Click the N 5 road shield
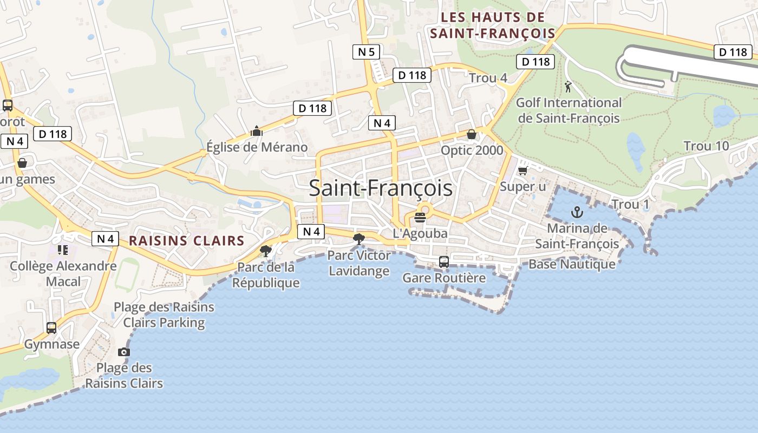click(367, 52)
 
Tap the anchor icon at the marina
click(576, 212)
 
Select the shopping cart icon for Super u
click(522, 171)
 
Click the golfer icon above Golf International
click(568, 87)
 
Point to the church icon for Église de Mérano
click(256, 131)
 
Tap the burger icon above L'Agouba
click(420, 218)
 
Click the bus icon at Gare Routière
click(443, 262)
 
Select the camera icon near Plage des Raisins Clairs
click(124, 352)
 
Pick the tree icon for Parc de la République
click(265, 251)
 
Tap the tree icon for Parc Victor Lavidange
click(358, 239)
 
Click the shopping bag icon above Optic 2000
click(472, 134)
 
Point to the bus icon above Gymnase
click(51, 327)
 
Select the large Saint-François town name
click(381, 188)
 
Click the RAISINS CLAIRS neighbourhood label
click(187, 241)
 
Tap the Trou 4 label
click(488, 78)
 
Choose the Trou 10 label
click(706, 146)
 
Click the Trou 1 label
click(630, 205)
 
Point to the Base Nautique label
click(572, 264)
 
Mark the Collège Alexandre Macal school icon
click(63, 250)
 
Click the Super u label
click(523, 187)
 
